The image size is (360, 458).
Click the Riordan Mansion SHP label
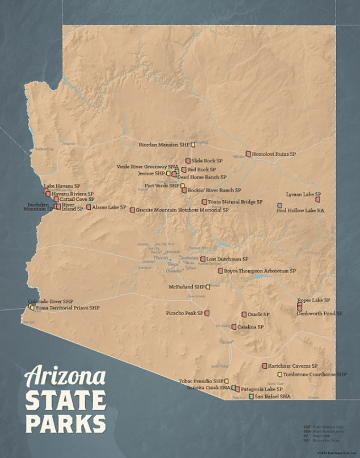(x=164, y=145)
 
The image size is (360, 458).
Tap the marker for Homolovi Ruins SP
(x=248, y=154)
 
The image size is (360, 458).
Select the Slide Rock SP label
(x=207, y=161)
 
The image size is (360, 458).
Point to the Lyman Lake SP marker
(x=317, y=200)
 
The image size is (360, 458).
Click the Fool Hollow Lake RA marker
(x=279, y=205)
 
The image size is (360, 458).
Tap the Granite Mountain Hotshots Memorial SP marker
(x=132, y=210)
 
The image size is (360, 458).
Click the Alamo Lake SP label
(x=109, y=207)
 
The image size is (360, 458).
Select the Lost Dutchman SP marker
(x=203, y=259)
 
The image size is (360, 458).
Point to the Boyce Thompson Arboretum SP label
(x=260, y=271)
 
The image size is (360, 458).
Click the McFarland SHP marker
(x=207, y=287)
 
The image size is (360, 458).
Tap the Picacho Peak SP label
(x=184, y=313)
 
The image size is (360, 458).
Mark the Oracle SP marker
(x=244, y=315)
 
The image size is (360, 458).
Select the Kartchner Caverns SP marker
(x=264, y=366)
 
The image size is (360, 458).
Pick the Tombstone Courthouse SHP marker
(x=279, y=375)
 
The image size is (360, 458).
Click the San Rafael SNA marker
(x=251, y=396)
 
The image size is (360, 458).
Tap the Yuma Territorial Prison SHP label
(x=67, y=308)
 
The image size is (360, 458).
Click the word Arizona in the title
(x=65, y=377)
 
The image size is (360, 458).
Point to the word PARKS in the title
(x=65, y=423)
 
